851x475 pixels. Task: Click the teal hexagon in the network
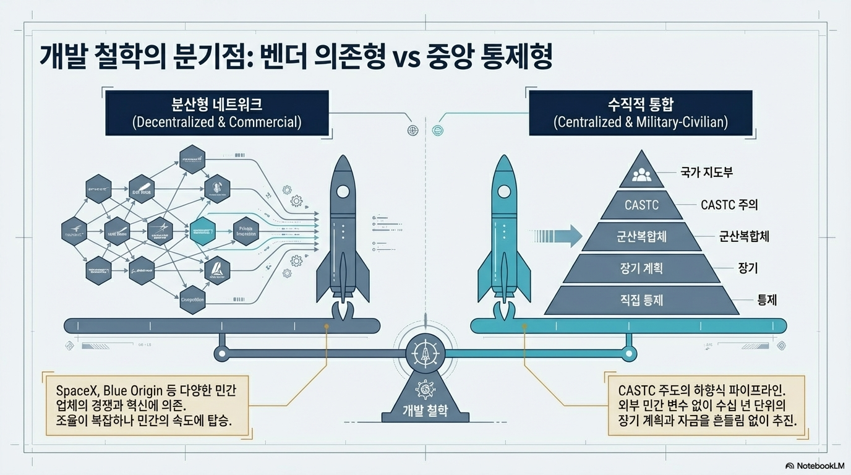203,232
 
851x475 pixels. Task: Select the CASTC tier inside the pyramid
641,204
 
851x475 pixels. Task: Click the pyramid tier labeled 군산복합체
641,236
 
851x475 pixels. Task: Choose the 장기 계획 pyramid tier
641,268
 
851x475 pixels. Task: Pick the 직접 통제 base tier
641,300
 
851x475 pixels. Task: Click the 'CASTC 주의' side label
729,204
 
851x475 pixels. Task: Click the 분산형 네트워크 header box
216,112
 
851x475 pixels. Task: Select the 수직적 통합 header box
641,112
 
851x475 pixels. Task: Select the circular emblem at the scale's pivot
426,354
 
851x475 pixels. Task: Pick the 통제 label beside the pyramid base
767,301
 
